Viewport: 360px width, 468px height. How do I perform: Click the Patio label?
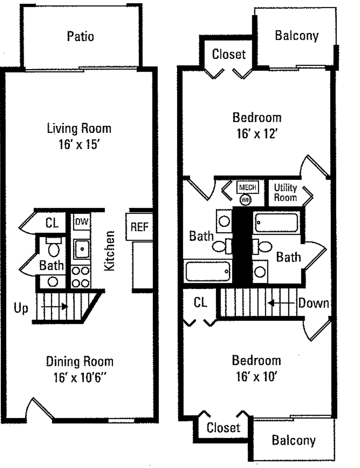[80, 36]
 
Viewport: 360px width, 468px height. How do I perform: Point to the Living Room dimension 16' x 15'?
[79, 145]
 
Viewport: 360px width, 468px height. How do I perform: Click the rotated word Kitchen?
[109, 250]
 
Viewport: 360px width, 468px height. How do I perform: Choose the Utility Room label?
[285, 193]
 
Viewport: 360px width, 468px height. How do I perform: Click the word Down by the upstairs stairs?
[313, 304]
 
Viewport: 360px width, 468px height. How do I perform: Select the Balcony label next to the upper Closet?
[296, 36]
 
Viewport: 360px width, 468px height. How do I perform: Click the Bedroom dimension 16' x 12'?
[257, 134]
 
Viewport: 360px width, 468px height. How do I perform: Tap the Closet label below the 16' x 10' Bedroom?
[223, 428]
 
